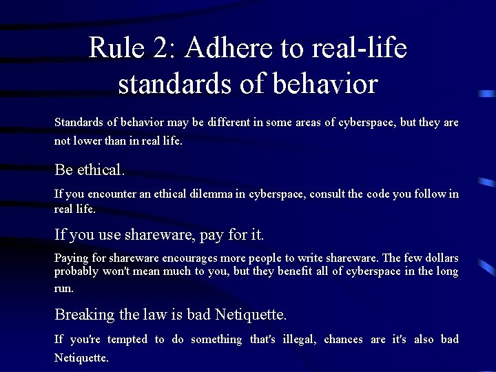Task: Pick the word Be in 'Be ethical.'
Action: (64, 169)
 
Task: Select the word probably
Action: (76, 272)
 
